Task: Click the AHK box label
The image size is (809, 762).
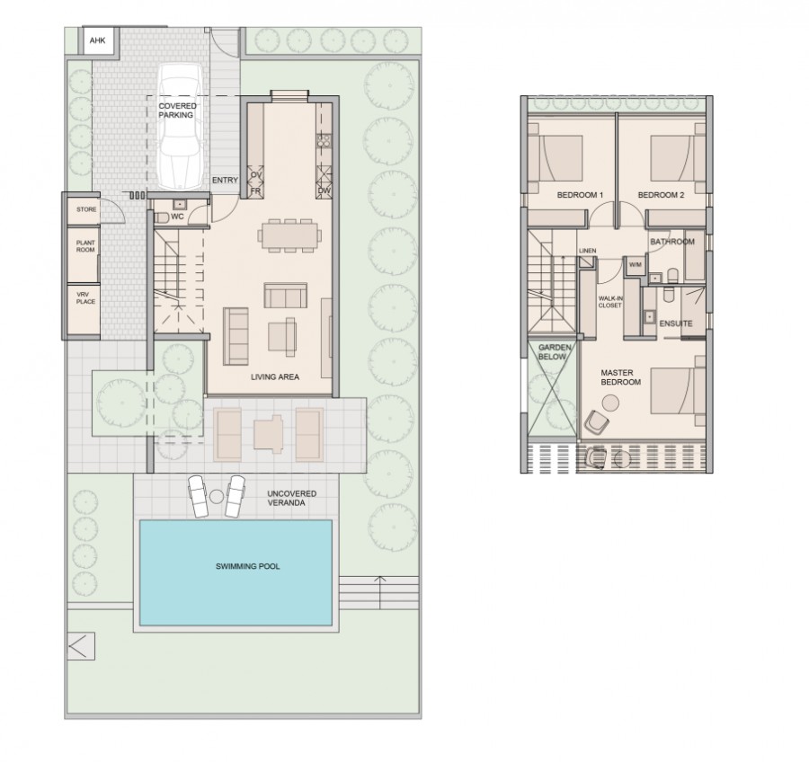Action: (96, 41)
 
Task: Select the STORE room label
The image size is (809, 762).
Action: (86, 209)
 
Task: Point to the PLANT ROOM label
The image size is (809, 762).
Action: (85, 246)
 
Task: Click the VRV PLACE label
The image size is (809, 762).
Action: (85, 297)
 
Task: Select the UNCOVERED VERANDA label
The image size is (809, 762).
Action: (290, 500)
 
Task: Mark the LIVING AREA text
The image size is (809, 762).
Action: (275, 377)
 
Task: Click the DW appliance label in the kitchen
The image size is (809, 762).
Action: (323, 191)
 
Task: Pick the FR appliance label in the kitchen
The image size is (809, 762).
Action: (254, 191)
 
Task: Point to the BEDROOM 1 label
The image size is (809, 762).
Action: (580, 195)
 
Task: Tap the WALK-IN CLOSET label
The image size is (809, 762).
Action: (610, 301)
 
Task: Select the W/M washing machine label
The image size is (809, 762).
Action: (635, 264)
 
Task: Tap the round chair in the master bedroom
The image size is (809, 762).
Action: (599, 420)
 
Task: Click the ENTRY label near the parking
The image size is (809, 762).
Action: (225, 181)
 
